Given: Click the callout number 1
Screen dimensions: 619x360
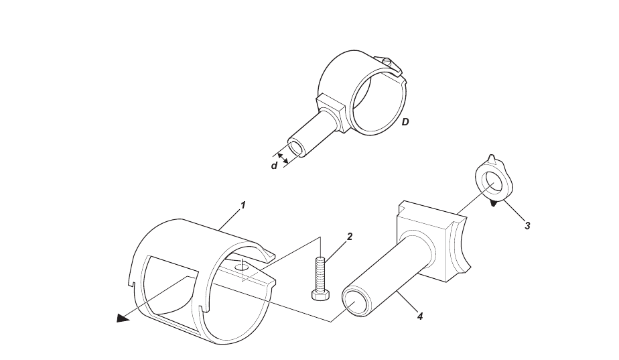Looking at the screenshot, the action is [243, 206].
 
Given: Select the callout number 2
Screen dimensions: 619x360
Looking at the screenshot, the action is [350, 237].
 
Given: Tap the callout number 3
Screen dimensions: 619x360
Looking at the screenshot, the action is [527, 226].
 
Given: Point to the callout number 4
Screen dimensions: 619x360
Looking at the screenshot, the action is [420, 316].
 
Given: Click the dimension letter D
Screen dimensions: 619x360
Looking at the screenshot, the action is [405, 122].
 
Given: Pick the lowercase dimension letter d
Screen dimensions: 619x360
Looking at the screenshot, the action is [274, 166].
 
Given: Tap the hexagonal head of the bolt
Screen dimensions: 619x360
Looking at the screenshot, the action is [320, 296].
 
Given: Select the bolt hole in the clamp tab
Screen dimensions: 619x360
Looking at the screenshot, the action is [240, 268].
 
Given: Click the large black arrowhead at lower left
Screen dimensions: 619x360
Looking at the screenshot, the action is [123, 318].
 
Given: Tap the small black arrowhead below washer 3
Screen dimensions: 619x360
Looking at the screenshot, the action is [494, 204].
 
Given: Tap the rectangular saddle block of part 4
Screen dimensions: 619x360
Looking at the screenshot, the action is [433, 242].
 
